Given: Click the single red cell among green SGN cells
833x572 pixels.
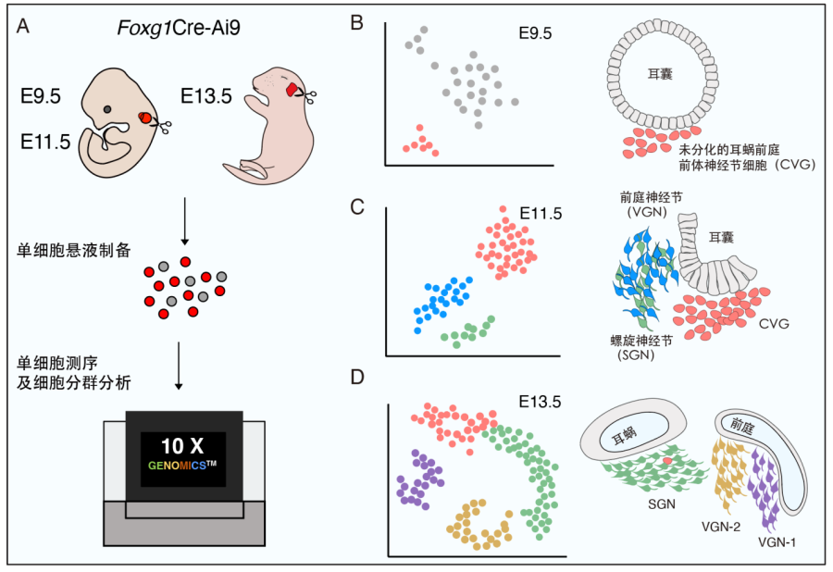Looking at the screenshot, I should pos(667,460).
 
